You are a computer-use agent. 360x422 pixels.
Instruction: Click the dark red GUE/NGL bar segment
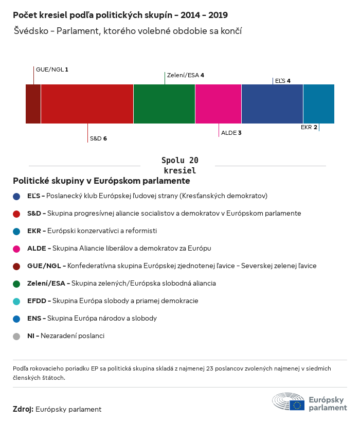(33, 104)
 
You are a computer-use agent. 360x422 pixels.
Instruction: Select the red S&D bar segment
(87, 104)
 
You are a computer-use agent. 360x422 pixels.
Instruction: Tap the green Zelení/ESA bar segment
(164, 104)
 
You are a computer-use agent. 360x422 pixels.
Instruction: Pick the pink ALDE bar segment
(218, 104)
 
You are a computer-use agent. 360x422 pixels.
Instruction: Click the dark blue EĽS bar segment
(272, 104)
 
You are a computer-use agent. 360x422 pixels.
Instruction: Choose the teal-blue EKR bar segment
(318, 104)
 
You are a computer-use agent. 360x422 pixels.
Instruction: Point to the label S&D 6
(98, 138)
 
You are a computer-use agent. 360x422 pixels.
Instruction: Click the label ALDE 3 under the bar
(231, 133)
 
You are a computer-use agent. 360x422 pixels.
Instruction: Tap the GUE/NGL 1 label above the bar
(52, 69)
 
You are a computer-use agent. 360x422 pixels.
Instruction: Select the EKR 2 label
(309, 127)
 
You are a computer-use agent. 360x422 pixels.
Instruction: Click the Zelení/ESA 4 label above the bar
(185, 75)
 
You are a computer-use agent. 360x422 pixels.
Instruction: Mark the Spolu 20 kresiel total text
(179, 165)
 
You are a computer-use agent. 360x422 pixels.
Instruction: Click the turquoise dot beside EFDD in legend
(16, 301)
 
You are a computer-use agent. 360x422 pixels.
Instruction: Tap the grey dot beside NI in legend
(16, 336)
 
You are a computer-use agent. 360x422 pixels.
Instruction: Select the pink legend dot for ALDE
(16, 249)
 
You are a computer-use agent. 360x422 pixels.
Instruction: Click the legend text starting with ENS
(92, 319)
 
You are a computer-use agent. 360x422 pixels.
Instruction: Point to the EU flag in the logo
(297, 405)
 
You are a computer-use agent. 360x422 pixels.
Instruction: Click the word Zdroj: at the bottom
(23, 409)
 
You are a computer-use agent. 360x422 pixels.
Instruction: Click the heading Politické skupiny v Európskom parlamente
(101, 181)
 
